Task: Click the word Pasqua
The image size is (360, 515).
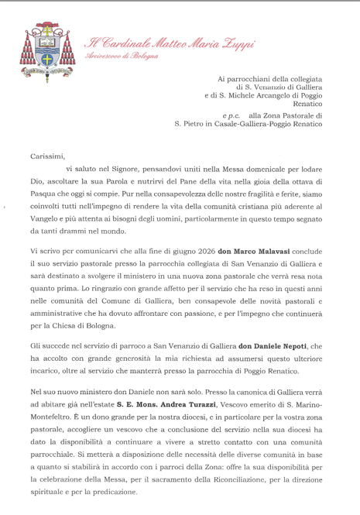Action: pyautogui.click(x=46, y=196)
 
